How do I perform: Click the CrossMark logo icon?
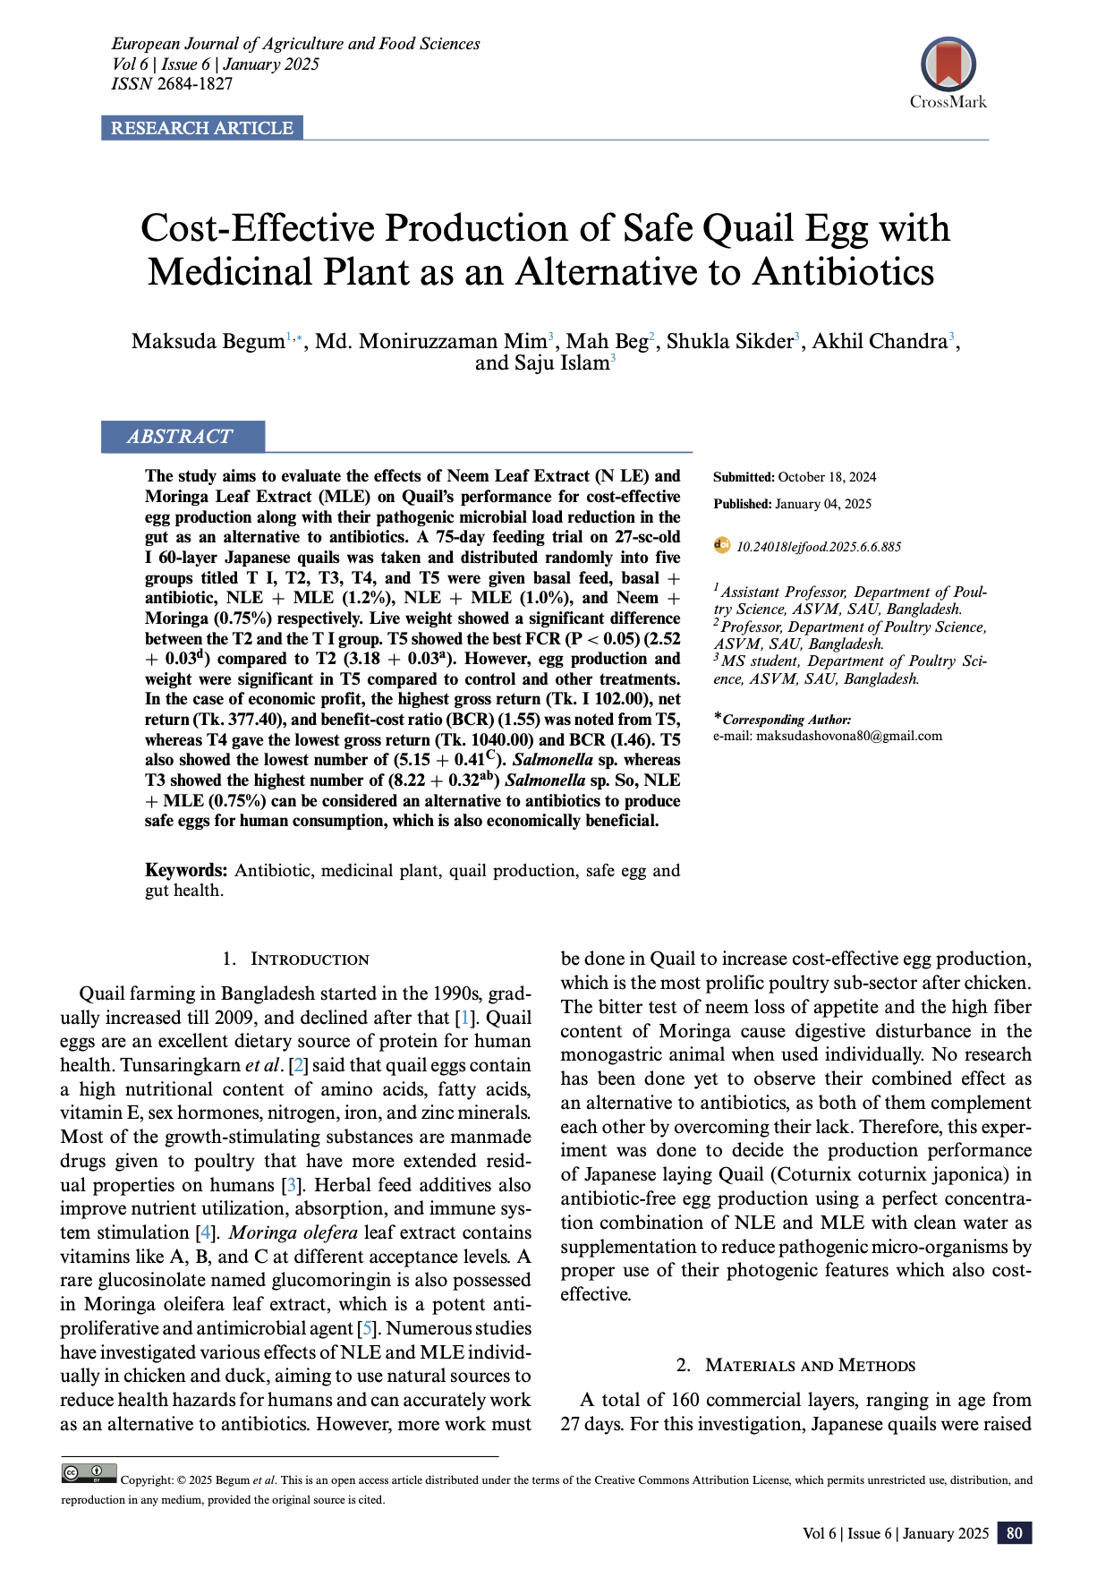[x=948, y=65]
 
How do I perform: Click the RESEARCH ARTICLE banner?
[x=202, y=128]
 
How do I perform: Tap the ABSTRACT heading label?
[x=180, y=437]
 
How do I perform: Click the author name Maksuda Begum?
[x=208, y=342]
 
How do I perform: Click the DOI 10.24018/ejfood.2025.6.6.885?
[x=818, y=547]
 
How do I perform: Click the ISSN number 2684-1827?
[x=195, y=84]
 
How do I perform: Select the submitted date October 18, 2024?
[x=827, y=477]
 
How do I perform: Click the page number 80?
[x=1014, y=1533]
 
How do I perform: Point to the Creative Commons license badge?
[x=89, y=1472]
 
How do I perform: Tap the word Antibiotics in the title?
[x=844, y=272]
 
